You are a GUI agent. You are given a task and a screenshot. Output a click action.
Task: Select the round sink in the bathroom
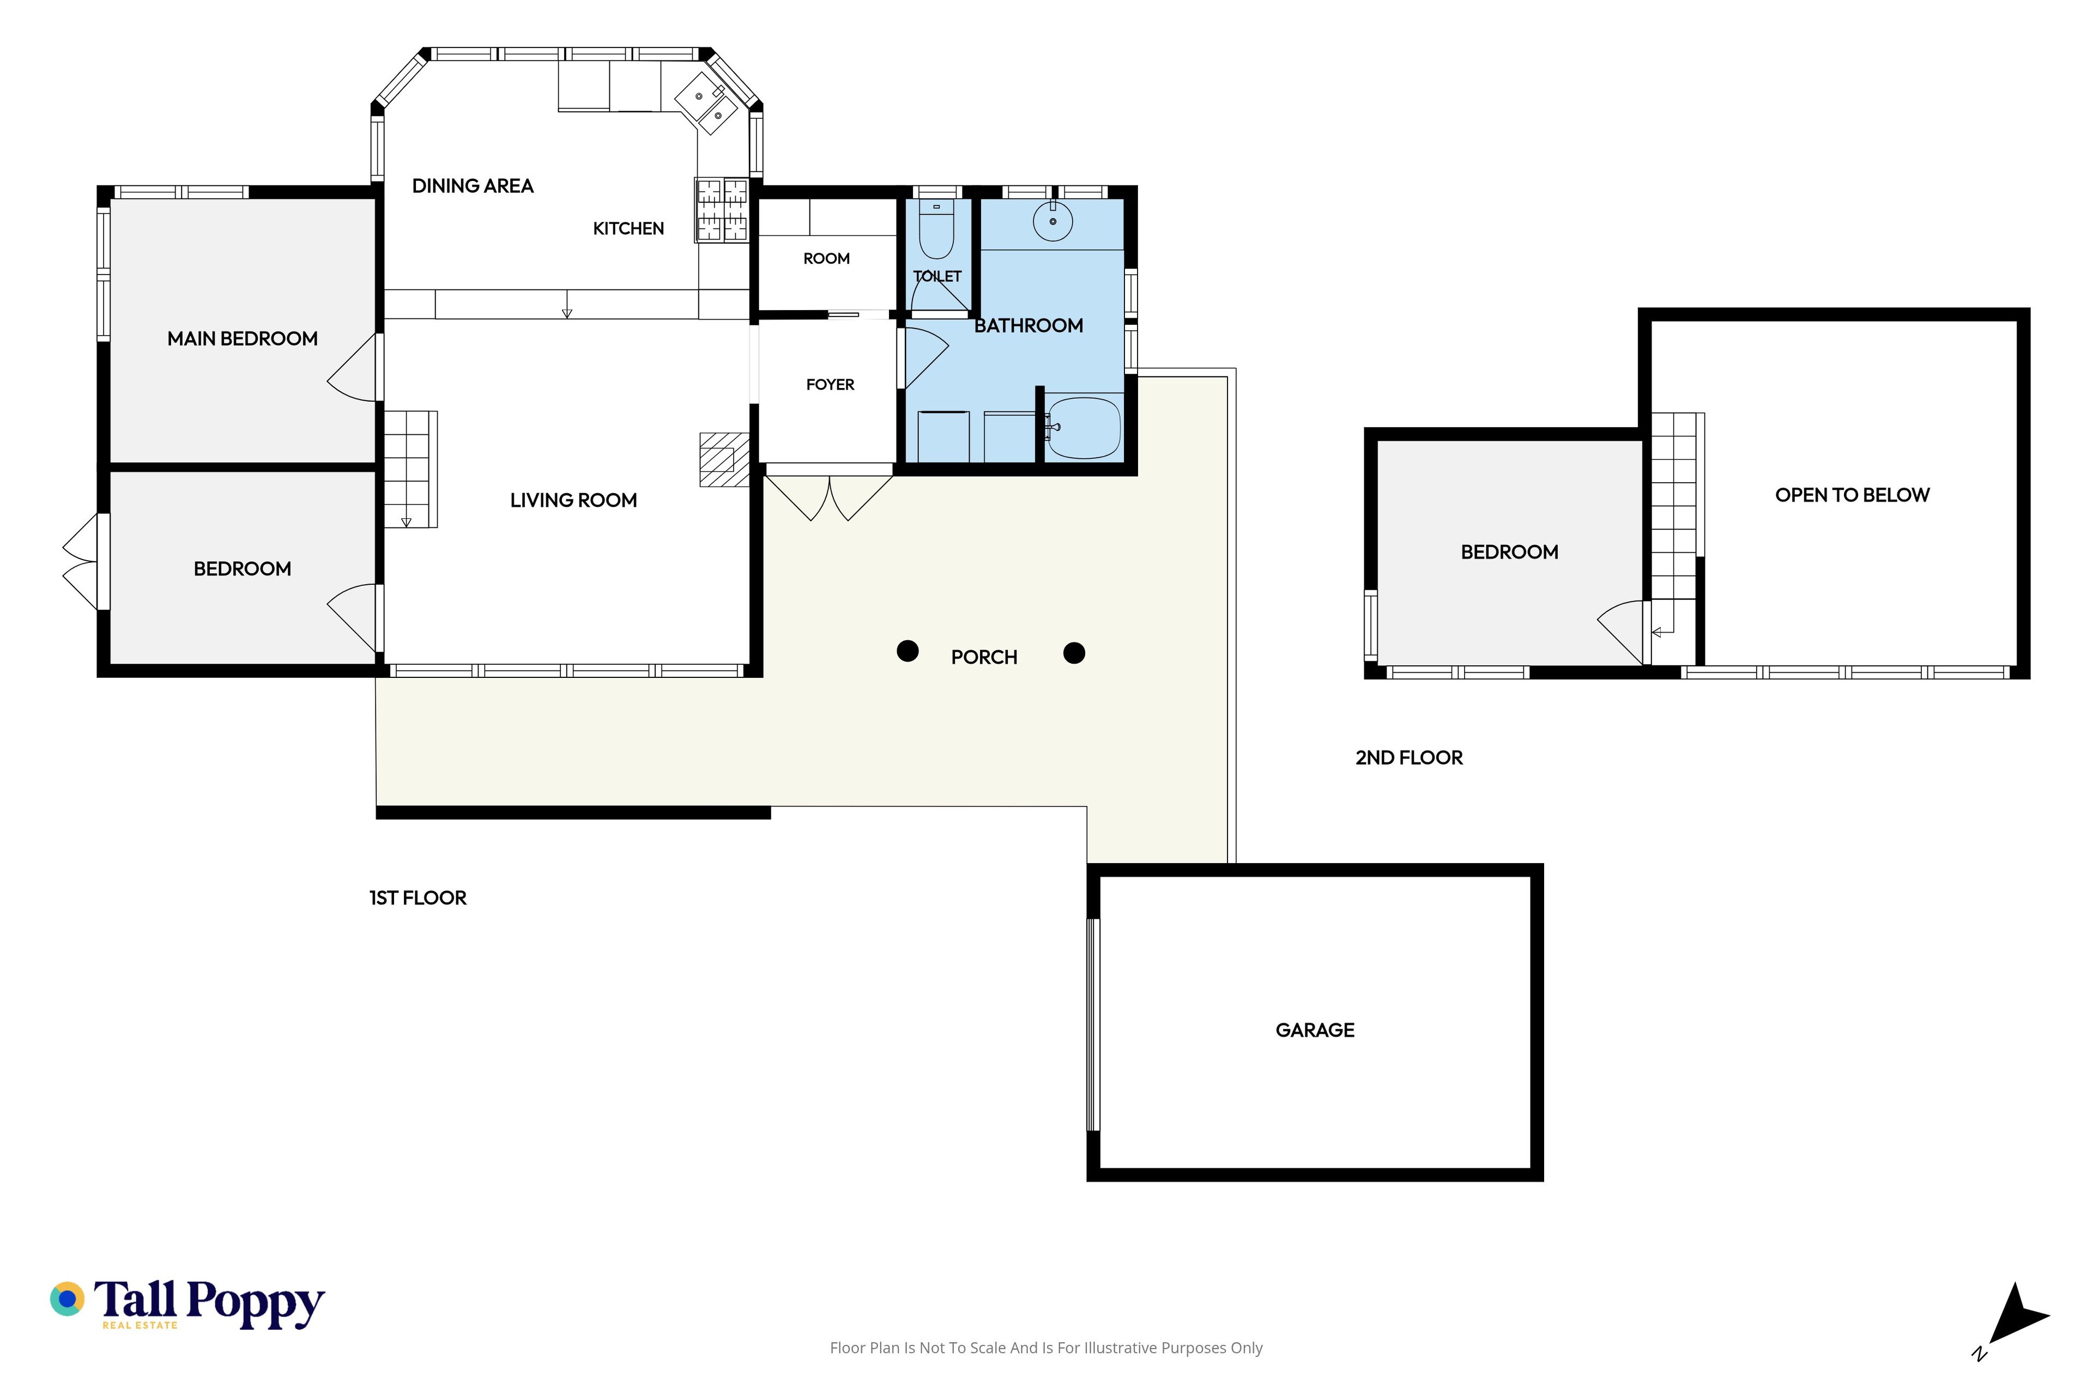tap(1052, 221)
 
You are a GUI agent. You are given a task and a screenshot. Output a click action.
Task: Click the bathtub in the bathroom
tap(1083, 428)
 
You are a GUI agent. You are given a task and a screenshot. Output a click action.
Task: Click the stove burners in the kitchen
tap(722, 210)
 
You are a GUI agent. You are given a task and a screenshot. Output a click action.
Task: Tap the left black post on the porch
tap(908, 651)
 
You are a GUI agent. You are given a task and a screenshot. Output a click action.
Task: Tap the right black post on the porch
tap(1074, 653)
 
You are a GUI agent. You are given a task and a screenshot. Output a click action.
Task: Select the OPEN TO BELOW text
tap(1852, 495)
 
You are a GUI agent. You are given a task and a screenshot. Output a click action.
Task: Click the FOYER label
tap(830, 384)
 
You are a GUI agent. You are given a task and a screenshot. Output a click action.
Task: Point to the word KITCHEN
tap(628, 229)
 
